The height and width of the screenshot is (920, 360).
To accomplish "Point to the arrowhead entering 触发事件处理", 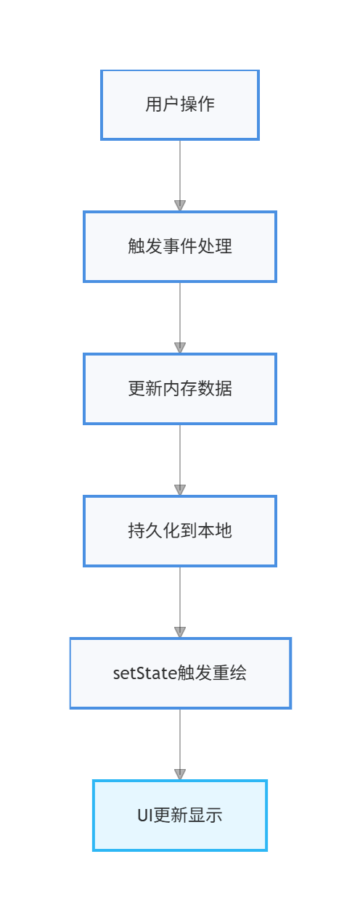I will [180, 205].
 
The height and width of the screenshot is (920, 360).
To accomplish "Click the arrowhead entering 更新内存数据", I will [180, 348].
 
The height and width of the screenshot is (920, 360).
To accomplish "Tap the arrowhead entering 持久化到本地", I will [180, 490].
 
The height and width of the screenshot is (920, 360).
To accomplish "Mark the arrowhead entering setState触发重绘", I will [180, 632].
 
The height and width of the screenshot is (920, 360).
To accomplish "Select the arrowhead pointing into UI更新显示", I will [180, 774].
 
